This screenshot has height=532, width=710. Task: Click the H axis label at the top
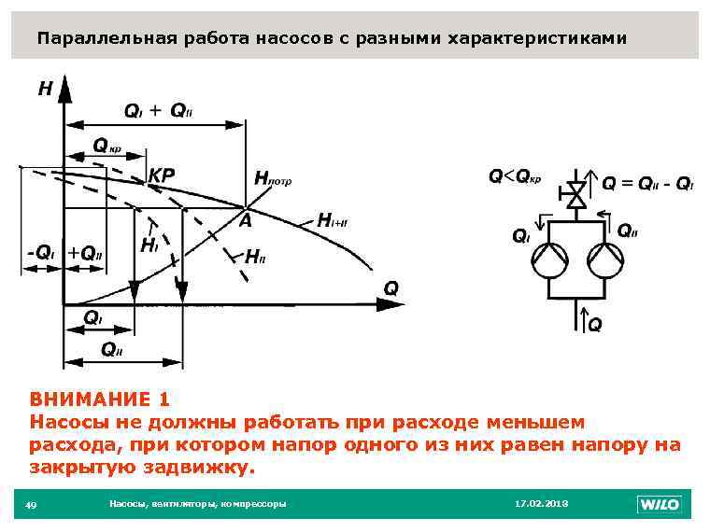click(x=44, y=91)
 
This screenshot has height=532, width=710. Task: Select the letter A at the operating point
click(x=245, y=221)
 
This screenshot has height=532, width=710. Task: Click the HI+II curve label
click(x=333, y=221)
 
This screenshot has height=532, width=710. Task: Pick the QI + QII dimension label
click(x=158, y=111)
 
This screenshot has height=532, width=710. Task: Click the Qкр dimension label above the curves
click(x=106, y=146)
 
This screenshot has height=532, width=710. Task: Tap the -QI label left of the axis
click(x=40, y=252)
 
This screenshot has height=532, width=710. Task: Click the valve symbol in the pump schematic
click(x=576, y=195)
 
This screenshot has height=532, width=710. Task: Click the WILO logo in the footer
click(x=660, y=505)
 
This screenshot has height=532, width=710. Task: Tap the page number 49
click(x=31, y=505)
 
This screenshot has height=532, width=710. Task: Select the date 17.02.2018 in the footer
click(x=541, y=504)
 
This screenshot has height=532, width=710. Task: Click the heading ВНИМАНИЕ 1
click(x=99, y=399)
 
